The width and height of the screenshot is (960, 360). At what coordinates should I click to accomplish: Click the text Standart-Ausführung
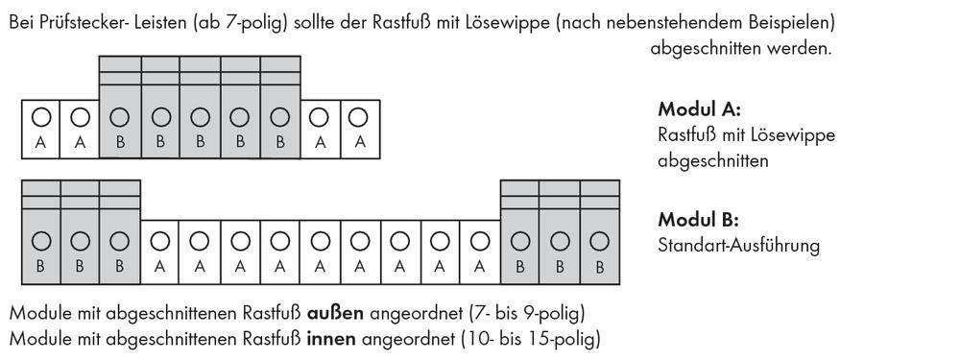click(738, 245)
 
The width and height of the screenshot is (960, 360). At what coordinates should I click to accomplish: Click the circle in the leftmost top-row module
click(41, 117)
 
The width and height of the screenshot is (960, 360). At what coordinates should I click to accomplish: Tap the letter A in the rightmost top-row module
click(358, 142)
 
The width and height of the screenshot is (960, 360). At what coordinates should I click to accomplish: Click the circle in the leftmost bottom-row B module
click(41, 241)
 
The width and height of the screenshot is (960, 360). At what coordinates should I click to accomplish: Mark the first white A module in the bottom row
click(160, 252)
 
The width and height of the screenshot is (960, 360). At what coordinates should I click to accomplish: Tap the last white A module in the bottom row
click(479, 252)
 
